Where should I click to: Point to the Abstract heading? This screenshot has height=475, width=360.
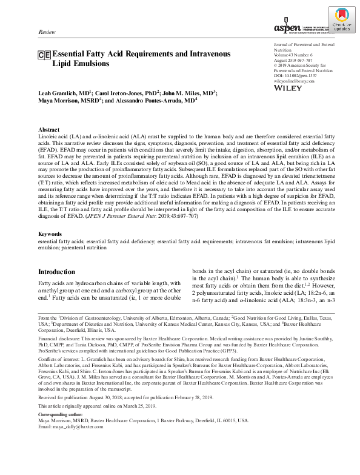(x=49, y=130)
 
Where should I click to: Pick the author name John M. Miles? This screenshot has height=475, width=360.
(x=187, y=93)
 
